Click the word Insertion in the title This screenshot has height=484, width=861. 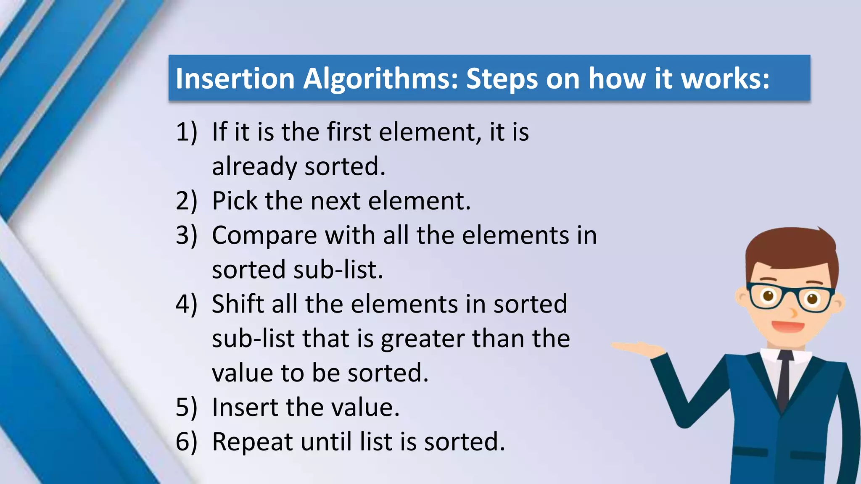click(235, 79)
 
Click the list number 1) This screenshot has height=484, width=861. click(186, 132)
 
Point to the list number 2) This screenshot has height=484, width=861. click(186, 201)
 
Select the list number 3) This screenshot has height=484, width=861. click(186, 235)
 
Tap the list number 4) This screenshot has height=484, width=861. click(186, 304)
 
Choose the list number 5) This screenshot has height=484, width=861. click(186, 408)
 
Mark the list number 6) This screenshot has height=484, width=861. click(186, 442)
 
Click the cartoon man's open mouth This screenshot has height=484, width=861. click(788, 326)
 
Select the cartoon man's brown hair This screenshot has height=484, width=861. click(790, 248)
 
